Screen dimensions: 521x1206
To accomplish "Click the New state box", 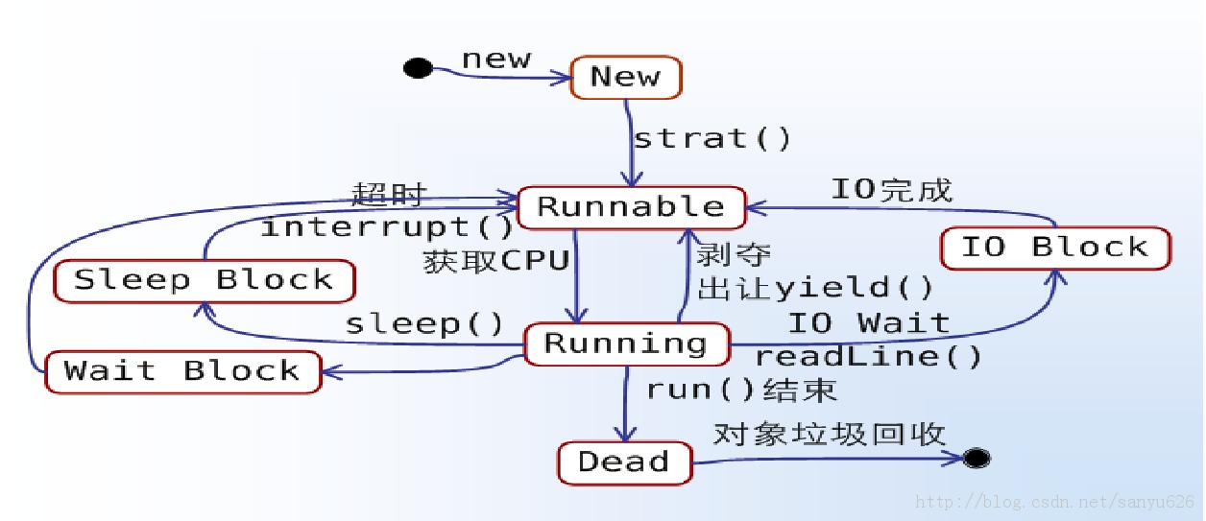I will (626, 78).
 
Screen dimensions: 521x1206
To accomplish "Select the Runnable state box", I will (632, 207).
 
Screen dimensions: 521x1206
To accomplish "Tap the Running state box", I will (626, 343).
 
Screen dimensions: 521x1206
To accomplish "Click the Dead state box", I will (624, 462).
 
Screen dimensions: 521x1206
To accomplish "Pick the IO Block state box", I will (1054, 248).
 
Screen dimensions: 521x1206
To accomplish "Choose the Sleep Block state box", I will (204, 280).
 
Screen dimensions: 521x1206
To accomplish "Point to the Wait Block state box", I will (182, 370).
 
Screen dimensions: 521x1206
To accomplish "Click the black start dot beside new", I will (417, 68).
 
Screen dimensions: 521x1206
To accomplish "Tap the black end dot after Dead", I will (977, 458).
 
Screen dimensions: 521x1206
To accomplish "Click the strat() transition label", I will (712, 138).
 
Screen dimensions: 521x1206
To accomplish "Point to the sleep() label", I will (424, 323).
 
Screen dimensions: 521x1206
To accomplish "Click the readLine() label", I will (868, 357).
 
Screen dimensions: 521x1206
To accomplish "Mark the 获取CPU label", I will (497, 261).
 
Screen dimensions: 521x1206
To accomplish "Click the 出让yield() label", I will (815, 287).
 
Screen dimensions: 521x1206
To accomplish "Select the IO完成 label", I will (891, 189).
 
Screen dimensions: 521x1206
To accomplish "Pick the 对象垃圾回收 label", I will (829, 434).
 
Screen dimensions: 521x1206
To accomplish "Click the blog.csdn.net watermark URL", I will (1055, 502).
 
